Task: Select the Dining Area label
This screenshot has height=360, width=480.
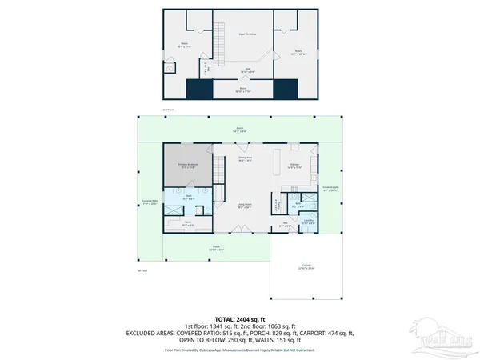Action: point(246,159)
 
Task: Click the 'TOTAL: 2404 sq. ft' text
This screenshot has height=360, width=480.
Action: point(239,319)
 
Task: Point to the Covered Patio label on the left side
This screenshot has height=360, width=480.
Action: point(149,203)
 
